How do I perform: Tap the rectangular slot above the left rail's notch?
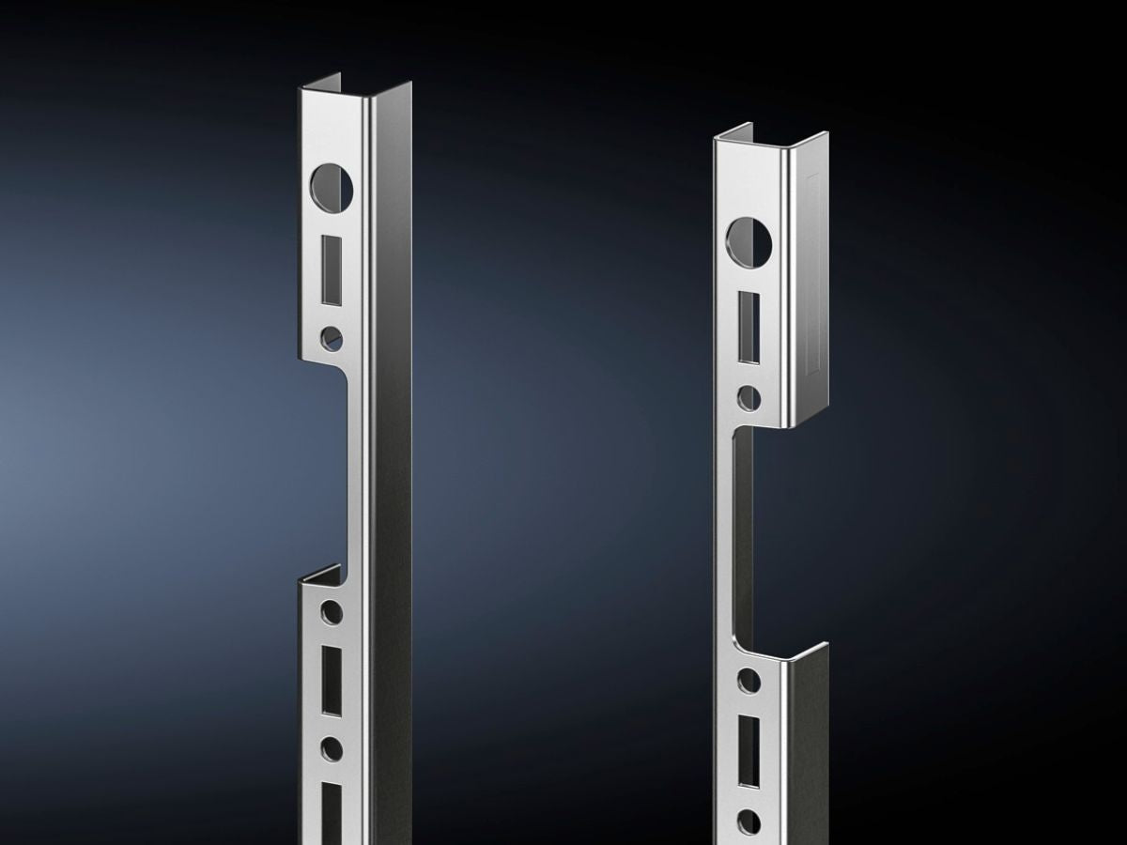point(331,270)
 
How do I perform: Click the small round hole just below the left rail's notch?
point(332,613)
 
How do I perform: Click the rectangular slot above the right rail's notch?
point(749,327)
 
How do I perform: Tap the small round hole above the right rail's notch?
point(749,397)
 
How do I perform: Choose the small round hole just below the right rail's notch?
point(749,681)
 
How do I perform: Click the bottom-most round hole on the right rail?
point(749,822)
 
